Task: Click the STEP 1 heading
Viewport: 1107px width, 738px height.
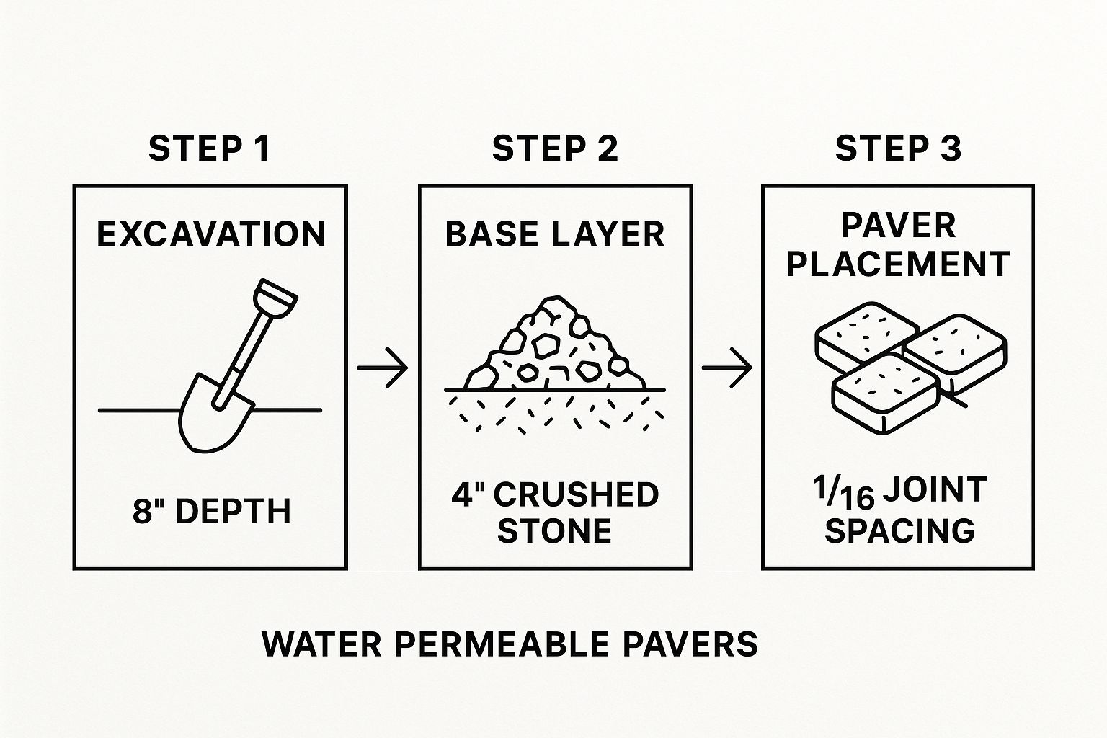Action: pos(209,148)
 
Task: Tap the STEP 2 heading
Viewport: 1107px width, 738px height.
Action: pos(555,148)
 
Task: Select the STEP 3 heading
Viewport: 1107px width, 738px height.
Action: pos(898,148)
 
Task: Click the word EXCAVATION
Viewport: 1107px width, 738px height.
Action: pos(211,234)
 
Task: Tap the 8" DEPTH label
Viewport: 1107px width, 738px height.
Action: pos(211,511)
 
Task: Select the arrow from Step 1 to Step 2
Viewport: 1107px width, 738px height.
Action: pos(383,368)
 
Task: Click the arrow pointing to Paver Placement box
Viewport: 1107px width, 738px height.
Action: pos(727,368)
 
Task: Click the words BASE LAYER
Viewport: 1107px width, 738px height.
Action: pos(555,234)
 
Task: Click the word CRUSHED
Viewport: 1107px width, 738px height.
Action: pos(577,495)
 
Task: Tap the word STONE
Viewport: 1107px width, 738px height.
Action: pos(554,531)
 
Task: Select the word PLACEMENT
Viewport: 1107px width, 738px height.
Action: pos(898,264)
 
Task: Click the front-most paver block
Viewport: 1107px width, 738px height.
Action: pos(886,394)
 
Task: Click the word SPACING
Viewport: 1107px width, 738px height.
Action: pos(900,531)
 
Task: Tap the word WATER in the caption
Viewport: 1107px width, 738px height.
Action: pos(321,644)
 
